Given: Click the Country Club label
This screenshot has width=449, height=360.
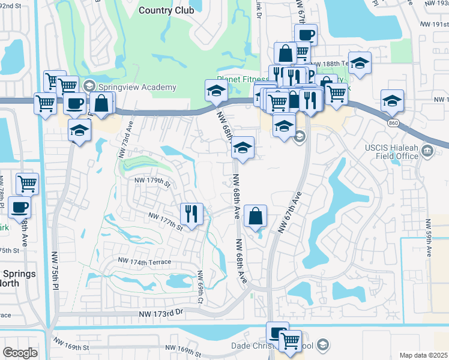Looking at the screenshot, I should pos(166,10).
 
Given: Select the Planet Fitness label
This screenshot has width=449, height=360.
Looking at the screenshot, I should pos(244,79).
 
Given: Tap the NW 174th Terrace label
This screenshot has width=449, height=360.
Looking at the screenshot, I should pos(145,261).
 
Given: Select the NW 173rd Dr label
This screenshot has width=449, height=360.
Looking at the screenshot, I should pos(160,314).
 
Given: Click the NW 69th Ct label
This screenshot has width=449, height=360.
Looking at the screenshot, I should pos(200,283).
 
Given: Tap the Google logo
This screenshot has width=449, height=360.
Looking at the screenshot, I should pos(20,353).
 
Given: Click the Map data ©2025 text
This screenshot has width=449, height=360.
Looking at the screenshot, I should pos(423,355).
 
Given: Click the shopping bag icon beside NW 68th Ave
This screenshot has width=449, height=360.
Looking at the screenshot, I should pos(256,216).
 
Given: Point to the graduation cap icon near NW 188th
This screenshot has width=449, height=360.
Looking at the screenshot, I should pos(359,63).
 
